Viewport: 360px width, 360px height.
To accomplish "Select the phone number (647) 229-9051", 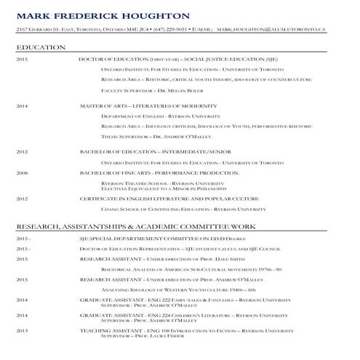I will (171, 29).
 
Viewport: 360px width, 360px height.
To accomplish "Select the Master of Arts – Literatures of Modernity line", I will (148, 106).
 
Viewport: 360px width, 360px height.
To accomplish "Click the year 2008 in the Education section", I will (22, 173).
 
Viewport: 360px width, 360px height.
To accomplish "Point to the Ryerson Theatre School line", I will (162, 183).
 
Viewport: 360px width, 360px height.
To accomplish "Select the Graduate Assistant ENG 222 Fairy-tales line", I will (185, 300).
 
